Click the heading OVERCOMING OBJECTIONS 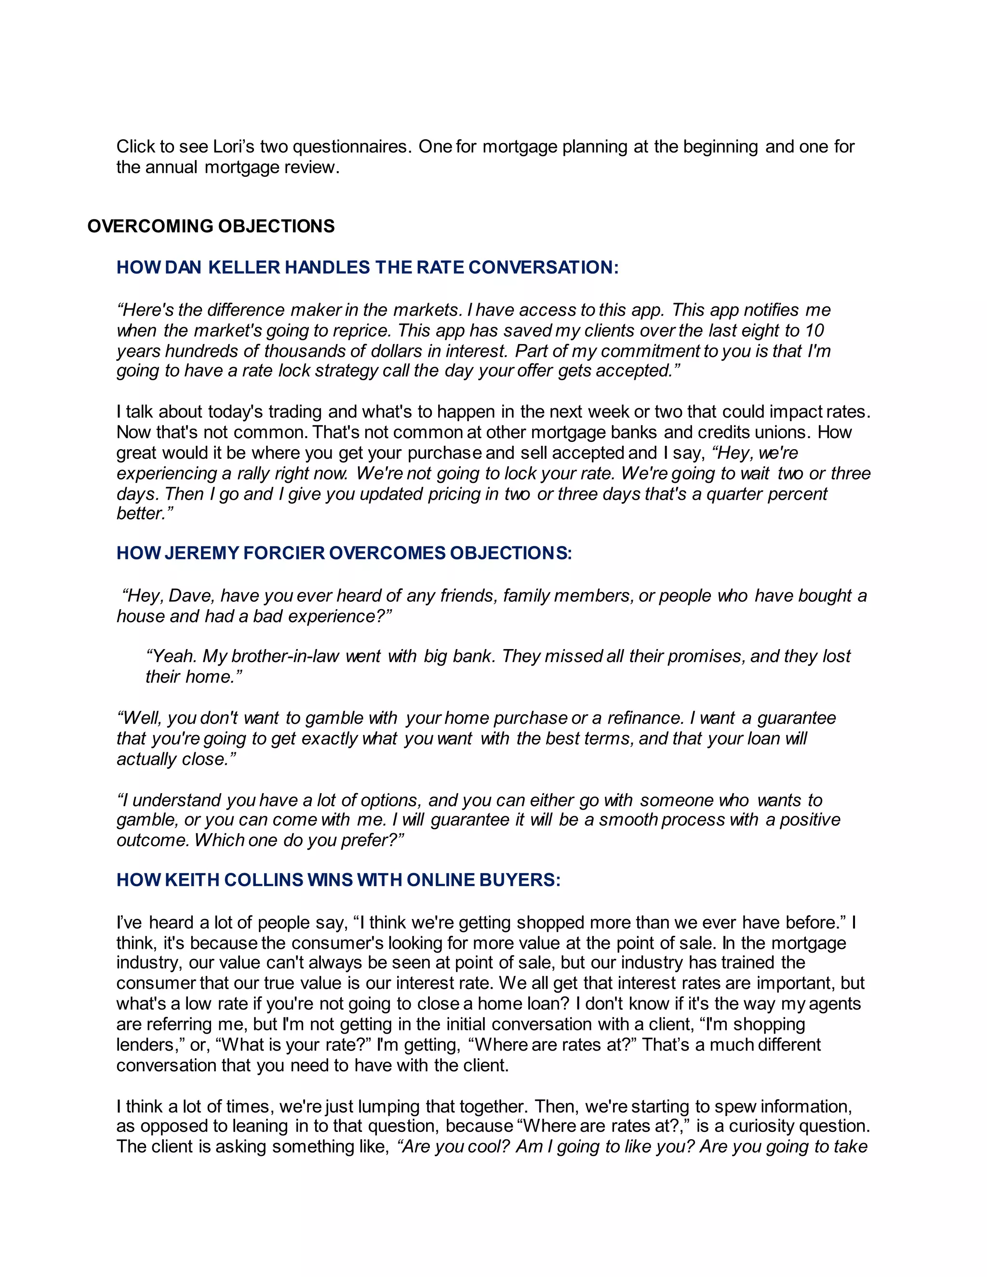(211, 226)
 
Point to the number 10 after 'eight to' (814, 331)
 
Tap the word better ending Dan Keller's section (145, 514)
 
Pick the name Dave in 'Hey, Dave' (191, 596)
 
